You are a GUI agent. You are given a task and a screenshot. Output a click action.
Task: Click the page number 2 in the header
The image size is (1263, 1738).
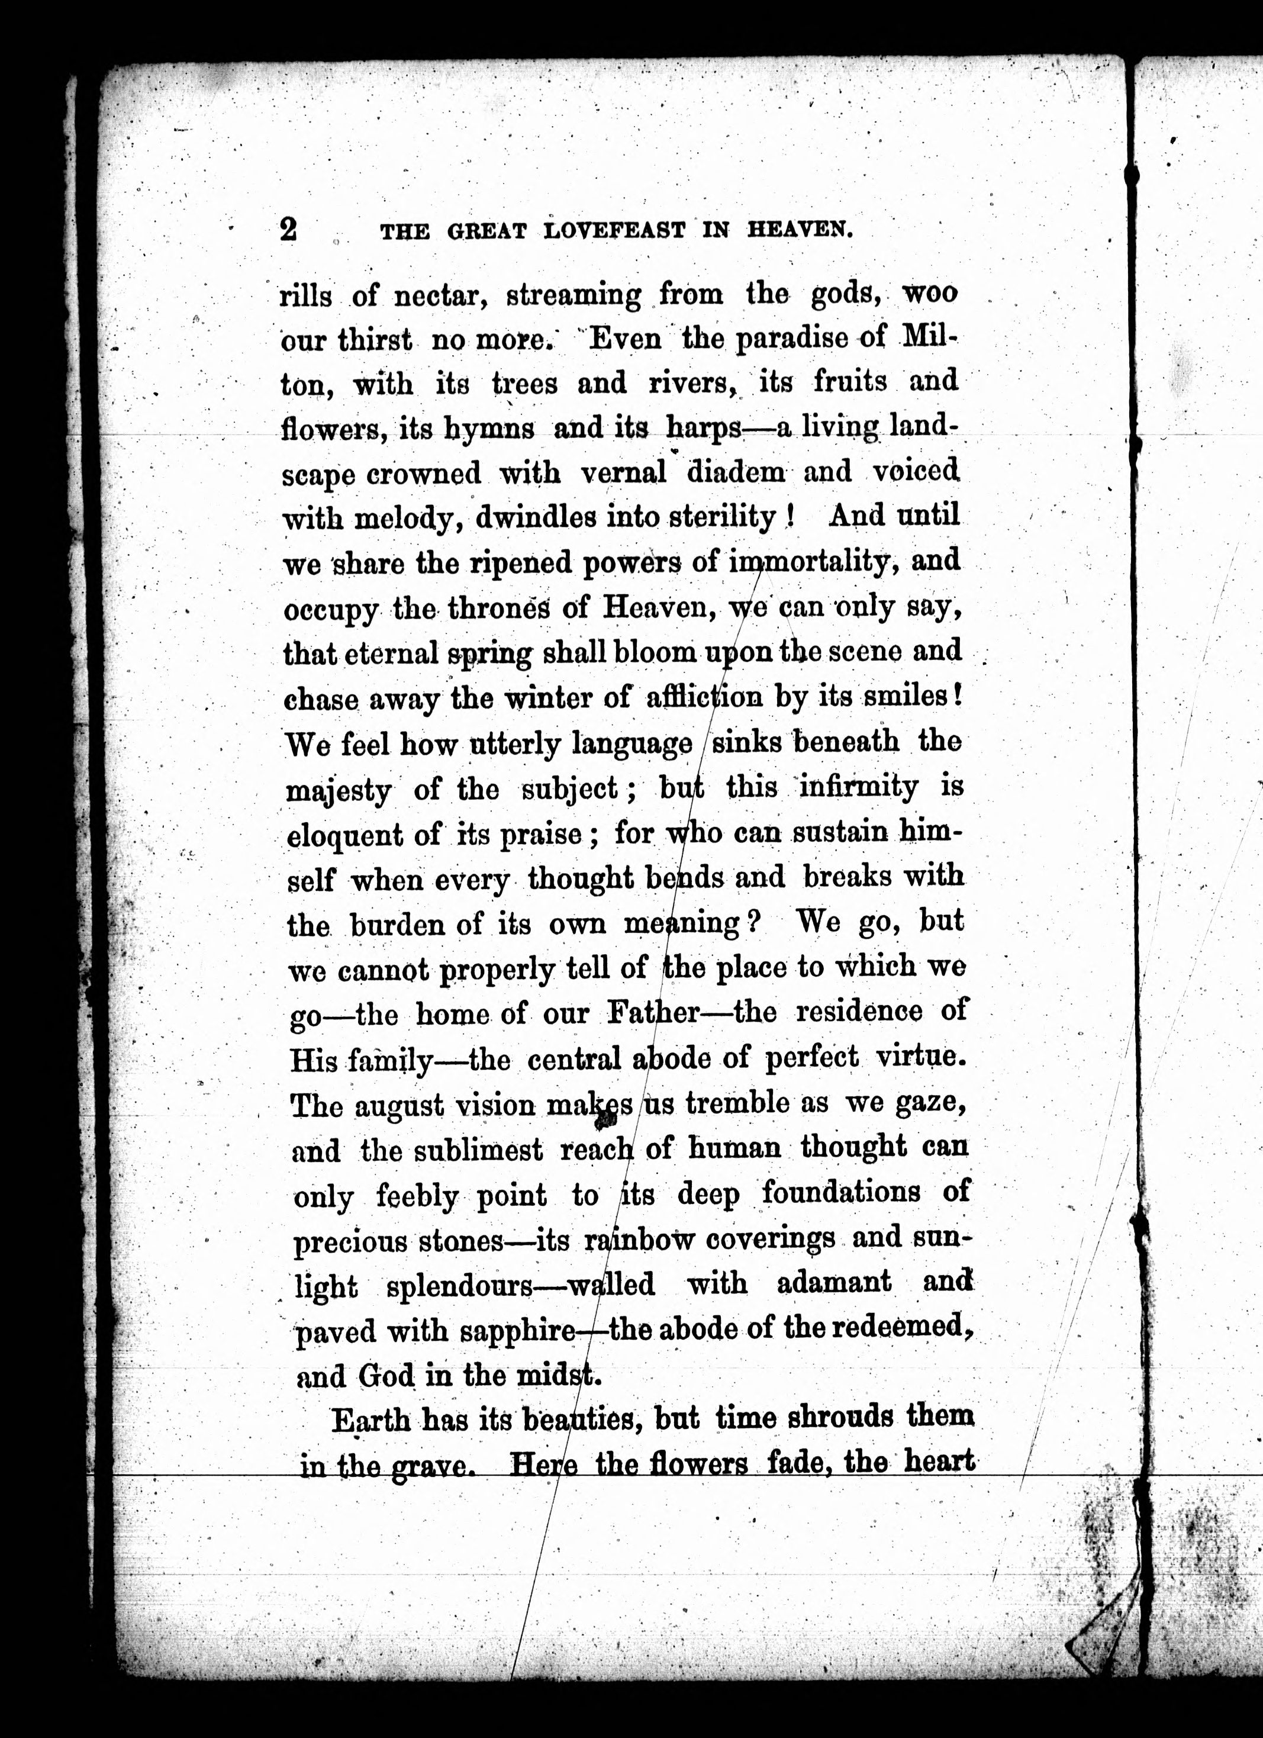(289, 228)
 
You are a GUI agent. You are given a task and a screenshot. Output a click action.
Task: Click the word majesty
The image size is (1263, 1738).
(338, 791)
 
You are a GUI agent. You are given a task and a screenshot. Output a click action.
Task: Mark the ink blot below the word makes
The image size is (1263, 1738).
(607, 1121)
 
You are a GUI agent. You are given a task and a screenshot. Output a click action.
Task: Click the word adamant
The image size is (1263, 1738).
(834, 1283)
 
